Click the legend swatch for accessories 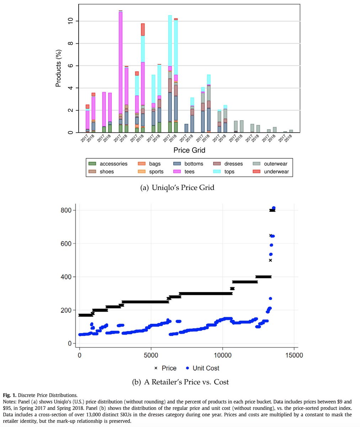tap(92, 164)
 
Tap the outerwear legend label tap(276, 164)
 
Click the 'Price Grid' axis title tap(189, 151)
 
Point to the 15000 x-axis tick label tap(293, 355)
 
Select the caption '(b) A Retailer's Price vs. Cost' tap(180, 382)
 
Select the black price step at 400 tap(263, 276)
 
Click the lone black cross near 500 tap(270, 260)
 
